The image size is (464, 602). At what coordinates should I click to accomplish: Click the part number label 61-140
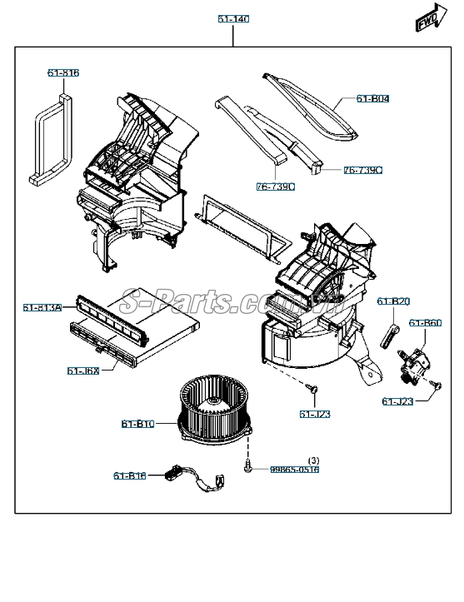pos(234,17)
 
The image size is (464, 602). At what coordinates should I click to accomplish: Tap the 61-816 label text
pos(62,73)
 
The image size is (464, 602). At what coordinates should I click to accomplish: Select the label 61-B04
pos(372,99)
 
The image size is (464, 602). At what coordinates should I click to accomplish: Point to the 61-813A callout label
pos(42,308)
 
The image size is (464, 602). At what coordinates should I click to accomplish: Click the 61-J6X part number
pos(82,371)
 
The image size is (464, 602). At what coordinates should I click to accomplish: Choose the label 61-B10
pos(137,424)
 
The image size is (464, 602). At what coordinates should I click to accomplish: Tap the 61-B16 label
pos(129,475)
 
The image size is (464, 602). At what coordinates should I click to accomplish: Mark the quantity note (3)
pos(313,460)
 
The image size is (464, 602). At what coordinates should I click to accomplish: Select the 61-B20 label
pos(393,301)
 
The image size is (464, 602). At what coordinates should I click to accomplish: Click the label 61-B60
pos(424,323)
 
